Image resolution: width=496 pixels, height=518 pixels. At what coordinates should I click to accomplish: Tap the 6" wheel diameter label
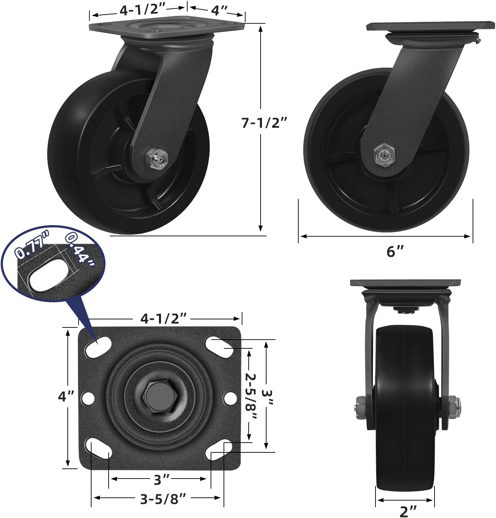tap(395, 251)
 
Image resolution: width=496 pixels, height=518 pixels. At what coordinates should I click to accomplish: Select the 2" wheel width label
tap(408, 511)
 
